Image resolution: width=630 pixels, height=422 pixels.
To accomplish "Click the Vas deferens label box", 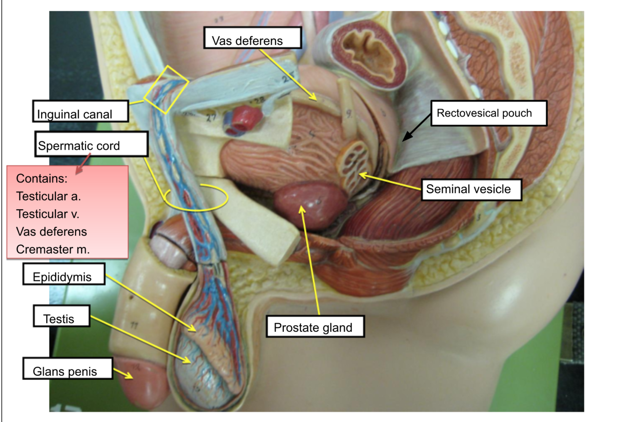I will click(252, 38).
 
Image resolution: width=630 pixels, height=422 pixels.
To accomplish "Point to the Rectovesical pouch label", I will click(489, 113).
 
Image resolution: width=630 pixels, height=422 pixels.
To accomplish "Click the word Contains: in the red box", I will click(43, 179).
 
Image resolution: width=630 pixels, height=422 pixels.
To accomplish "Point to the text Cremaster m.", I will click(52, 249).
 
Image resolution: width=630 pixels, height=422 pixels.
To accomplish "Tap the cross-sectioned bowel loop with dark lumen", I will click(368, 52).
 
